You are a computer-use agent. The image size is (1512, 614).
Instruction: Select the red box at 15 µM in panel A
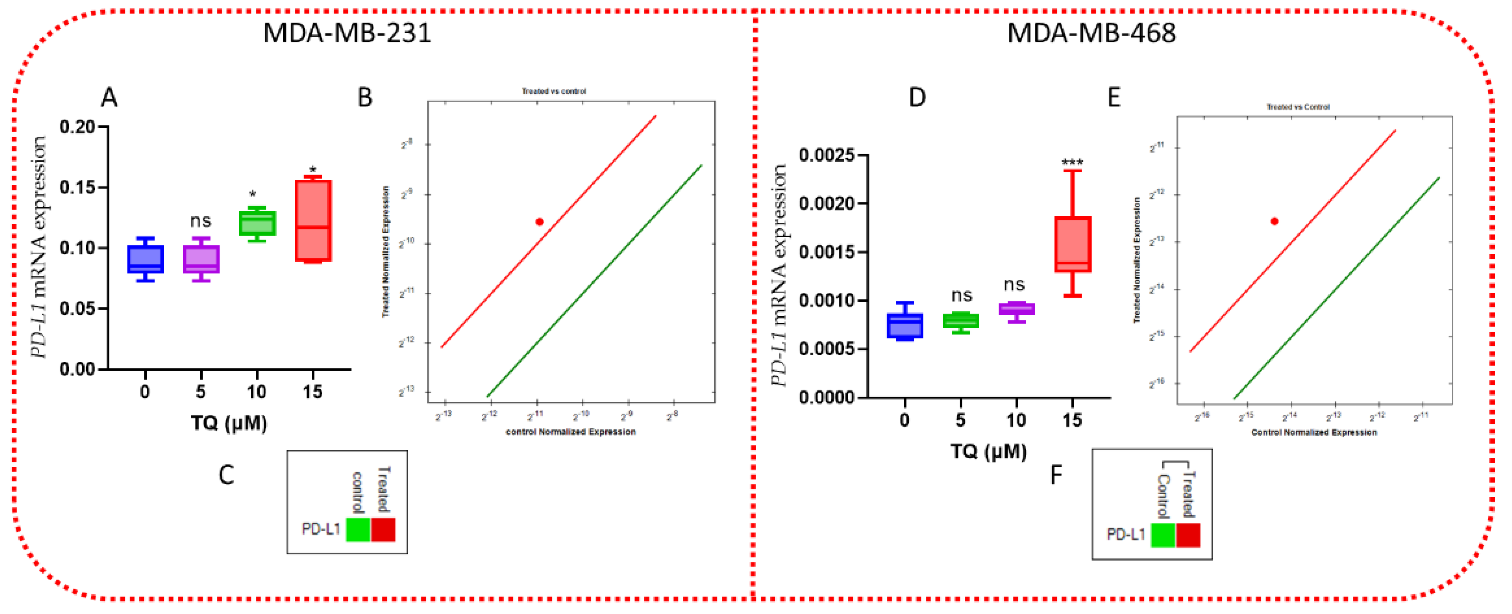(313, 220)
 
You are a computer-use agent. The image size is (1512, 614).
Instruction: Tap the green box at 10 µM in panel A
(257, 223)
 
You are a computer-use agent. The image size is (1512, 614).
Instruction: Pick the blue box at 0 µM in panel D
(904, 326)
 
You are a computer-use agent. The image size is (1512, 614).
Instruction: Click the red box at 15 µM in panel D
(1072, 244)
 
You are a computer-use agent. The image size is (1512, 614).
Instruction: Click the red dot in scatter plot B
(539, 221)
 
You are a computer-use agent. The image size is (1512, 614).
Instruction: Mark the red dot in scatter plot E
(1274, 221)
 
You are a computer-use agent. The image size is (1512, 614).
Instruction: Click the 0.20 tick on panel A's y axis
(78, 127)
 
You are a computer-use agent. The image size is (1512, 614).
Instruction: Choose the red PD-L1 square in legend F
(1188, 535)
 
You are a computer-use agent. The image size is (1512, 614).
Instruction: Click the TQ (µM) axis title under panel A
(229, 423)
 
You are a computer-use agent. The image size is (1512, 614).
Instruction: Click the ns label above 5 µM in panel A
(200, 221)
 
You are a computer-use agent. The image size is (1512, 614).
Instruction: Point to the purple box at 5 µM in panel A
(201, 259)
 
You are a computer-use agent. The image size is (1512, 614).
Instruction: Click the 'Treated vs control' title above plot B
(553, 92)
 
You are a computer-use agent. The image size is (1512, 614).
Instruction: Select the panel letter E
(1113, 97)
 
